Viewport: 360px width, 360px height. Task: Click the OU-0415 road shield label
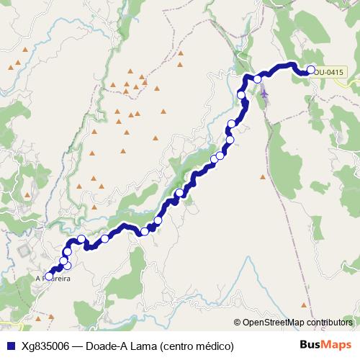330,72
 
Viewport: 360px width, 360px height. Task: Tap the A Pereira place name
53,276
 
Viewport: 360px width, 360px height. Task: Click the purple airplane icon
264,93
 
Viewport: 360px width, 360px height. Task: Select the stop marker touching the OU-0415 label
312,70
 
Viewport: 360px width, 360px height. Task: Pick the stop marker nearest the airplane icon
257,79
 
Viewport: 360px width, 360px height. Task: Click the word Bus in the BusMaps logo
310,345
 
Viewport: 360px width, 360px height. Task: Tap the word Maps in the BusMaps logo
337,345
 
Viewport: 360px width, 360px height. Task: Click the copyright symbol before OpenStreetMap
238,323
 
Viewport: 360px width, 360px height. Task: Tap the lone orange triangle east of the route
263,176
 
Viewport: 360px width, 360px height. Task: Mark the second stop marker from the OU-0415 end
257,79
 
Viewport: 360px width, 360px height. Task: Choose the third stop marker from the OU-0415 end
241,95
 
